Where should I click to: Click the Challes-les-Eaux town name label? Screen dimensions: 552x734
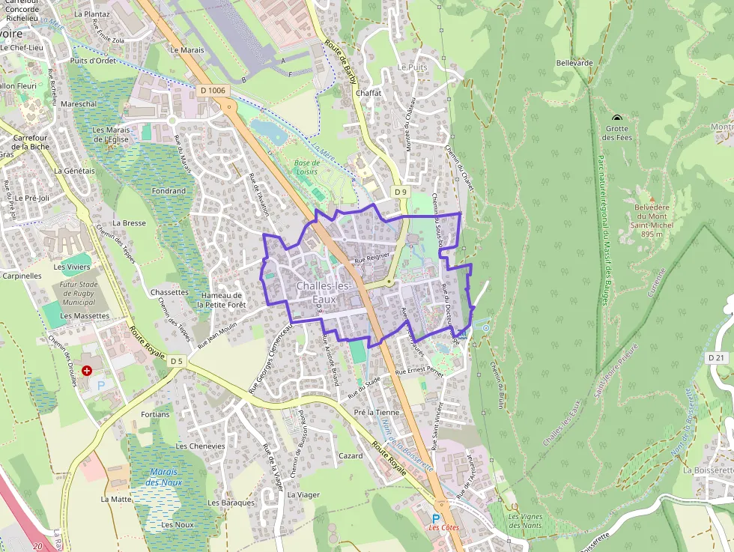(324, 293)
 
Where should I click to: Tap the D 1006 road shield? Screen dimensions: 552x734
(213, 91)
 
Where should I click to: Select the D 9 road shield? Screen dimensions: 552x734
(401, 192)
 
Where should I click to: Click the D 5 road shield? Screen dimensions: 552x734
(176, 361)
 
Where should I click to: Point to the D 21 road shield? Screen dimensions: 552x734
(717, 357)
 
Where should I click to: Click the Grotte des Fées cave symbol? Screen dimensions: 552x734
(617, 118)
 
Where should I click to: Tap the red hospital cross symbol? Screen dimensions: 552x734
(87, 371)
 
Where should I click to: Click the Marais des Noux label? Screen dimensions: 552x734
(165, 477)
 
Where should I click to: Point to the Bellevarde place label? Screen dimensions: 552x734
(574, 63)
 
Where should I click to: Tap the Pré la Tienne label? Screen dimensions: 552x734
(377, 413)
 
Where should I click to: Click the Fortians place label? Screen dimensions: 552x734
(155, 414)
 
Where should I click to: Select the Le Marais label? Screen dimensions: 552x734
(187, 50)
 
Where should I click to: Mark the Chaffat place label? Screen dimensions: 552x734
(368, 93)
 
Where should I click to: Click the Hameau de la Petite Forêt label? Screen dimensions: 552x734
(221, 300)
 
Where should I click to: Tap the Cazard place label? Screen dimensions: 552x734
(351, 455)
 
